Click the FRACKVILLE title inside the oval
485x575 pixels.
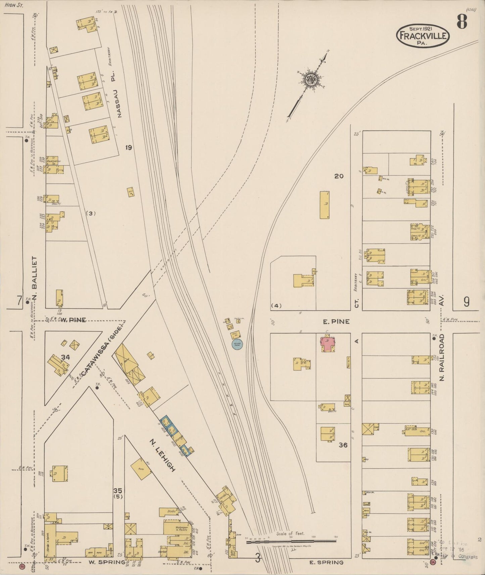click(x=423, y=36)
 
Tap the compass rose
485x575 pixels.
click(x=311, y=79)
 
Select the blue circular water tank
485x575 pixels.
click(x=237, y=344)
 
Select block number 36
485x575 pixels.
click(x=343, y=445)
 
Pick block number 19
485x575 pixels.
click(x=128, y=147)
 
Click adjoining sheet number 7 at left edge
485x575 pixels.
click(x=19, y=301)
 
